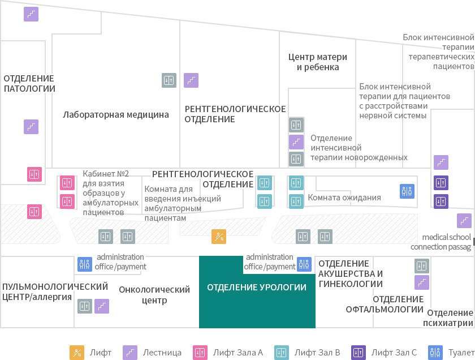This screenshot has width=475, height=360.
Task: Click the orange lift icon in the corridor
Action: pyautogui.click(x=219, y=237)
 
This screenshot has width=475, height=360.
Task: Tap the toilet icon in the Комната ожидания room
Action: pyautogui.click(x=407, y=191)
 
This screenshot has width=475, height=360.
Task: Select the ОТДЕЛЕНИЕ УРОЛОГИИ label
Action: pyautogui.click(x=257, y=287)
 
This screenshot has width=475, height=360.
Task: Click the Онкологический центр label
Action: pyautogui.click(x=154, y=295)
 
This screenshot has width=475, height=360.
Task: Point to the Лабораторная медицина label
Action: pyautogui.click(x=116, y=115)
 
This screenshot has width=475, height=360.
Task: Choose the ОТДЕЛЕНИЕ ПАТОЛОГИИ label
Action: pyautogui.click(x=29, y=83)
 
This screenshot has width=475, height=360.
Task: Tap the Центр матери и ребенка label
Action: pyautogui.click(x=318, y=62)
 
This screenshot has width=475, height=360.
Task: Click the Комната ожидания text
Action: pyautogui.click(x=344, y=198)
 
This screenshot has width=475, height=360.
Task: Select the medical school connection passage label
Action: pyautogui.click(x=441, y=242)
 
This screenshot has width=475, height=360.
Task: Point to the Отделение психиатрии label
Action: pyautogui.click(x=448, y=318)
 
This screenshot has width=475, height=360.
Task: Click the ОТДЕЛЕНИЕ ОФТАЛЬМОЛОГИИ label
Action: pyautogui.click(x=385, y=304)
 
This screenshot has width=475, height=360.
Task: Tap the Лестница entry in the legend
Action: pyautogui.click(x=152, y=353)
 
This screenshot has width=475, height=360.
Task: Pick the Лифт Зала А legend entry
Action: pyautogui.click(x=228, y=353)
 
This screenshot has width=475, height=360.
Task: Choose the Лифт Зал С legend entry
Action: pyautogui.click(x=384, y=353)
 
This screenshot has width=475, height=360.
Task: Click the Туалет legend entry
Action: pyautogui.click(x=451, y=353)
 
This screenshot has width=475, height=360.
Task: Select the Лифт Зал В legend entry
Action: pyautogui.click(x=307, y=353)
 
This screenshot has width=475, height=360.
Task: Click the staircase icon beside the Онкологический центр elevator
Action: pyautogui.click(x=102, y=306)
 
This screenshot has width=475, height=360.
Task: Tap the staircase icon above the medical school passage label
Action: pyautogui.click(x=464, y=221)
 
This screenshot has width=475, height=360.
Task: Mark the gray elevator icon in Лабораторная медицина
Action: pyautogui.click(x=169, y=80)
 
